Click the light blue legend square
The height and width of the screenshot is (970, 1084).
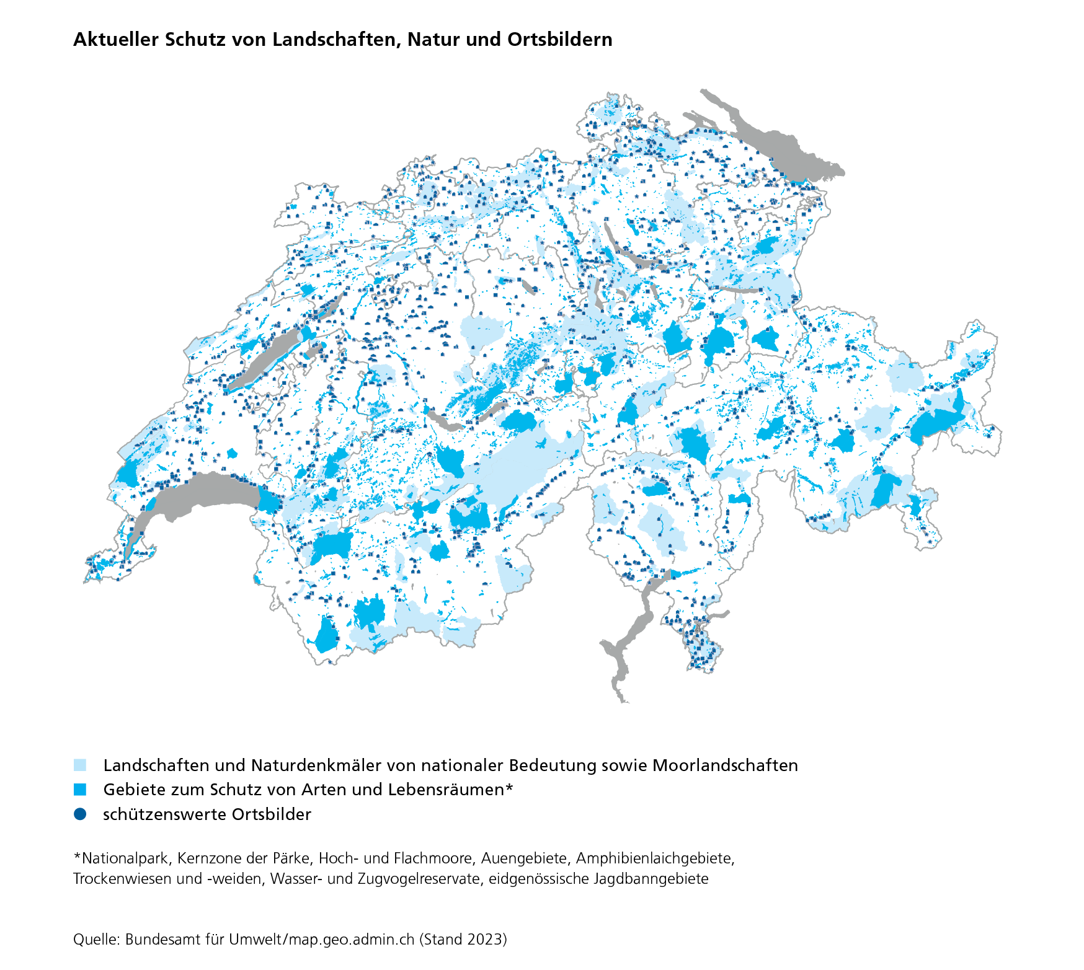(80, 765)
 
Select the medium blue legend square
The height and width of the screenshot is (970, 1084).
(80, 790)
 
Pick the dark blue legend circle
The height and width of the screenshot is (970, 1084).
(80, 814)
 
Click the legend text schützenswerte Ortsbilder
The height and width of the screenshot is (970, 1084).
(207, 814)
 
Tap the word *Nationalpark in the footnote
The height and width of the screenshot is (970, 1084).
(121, 858)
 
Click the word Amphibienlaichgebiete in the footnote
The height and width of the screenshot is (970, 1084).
(655, 858)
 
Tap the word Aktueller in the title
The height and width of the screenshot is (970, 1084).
(116, 40)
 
